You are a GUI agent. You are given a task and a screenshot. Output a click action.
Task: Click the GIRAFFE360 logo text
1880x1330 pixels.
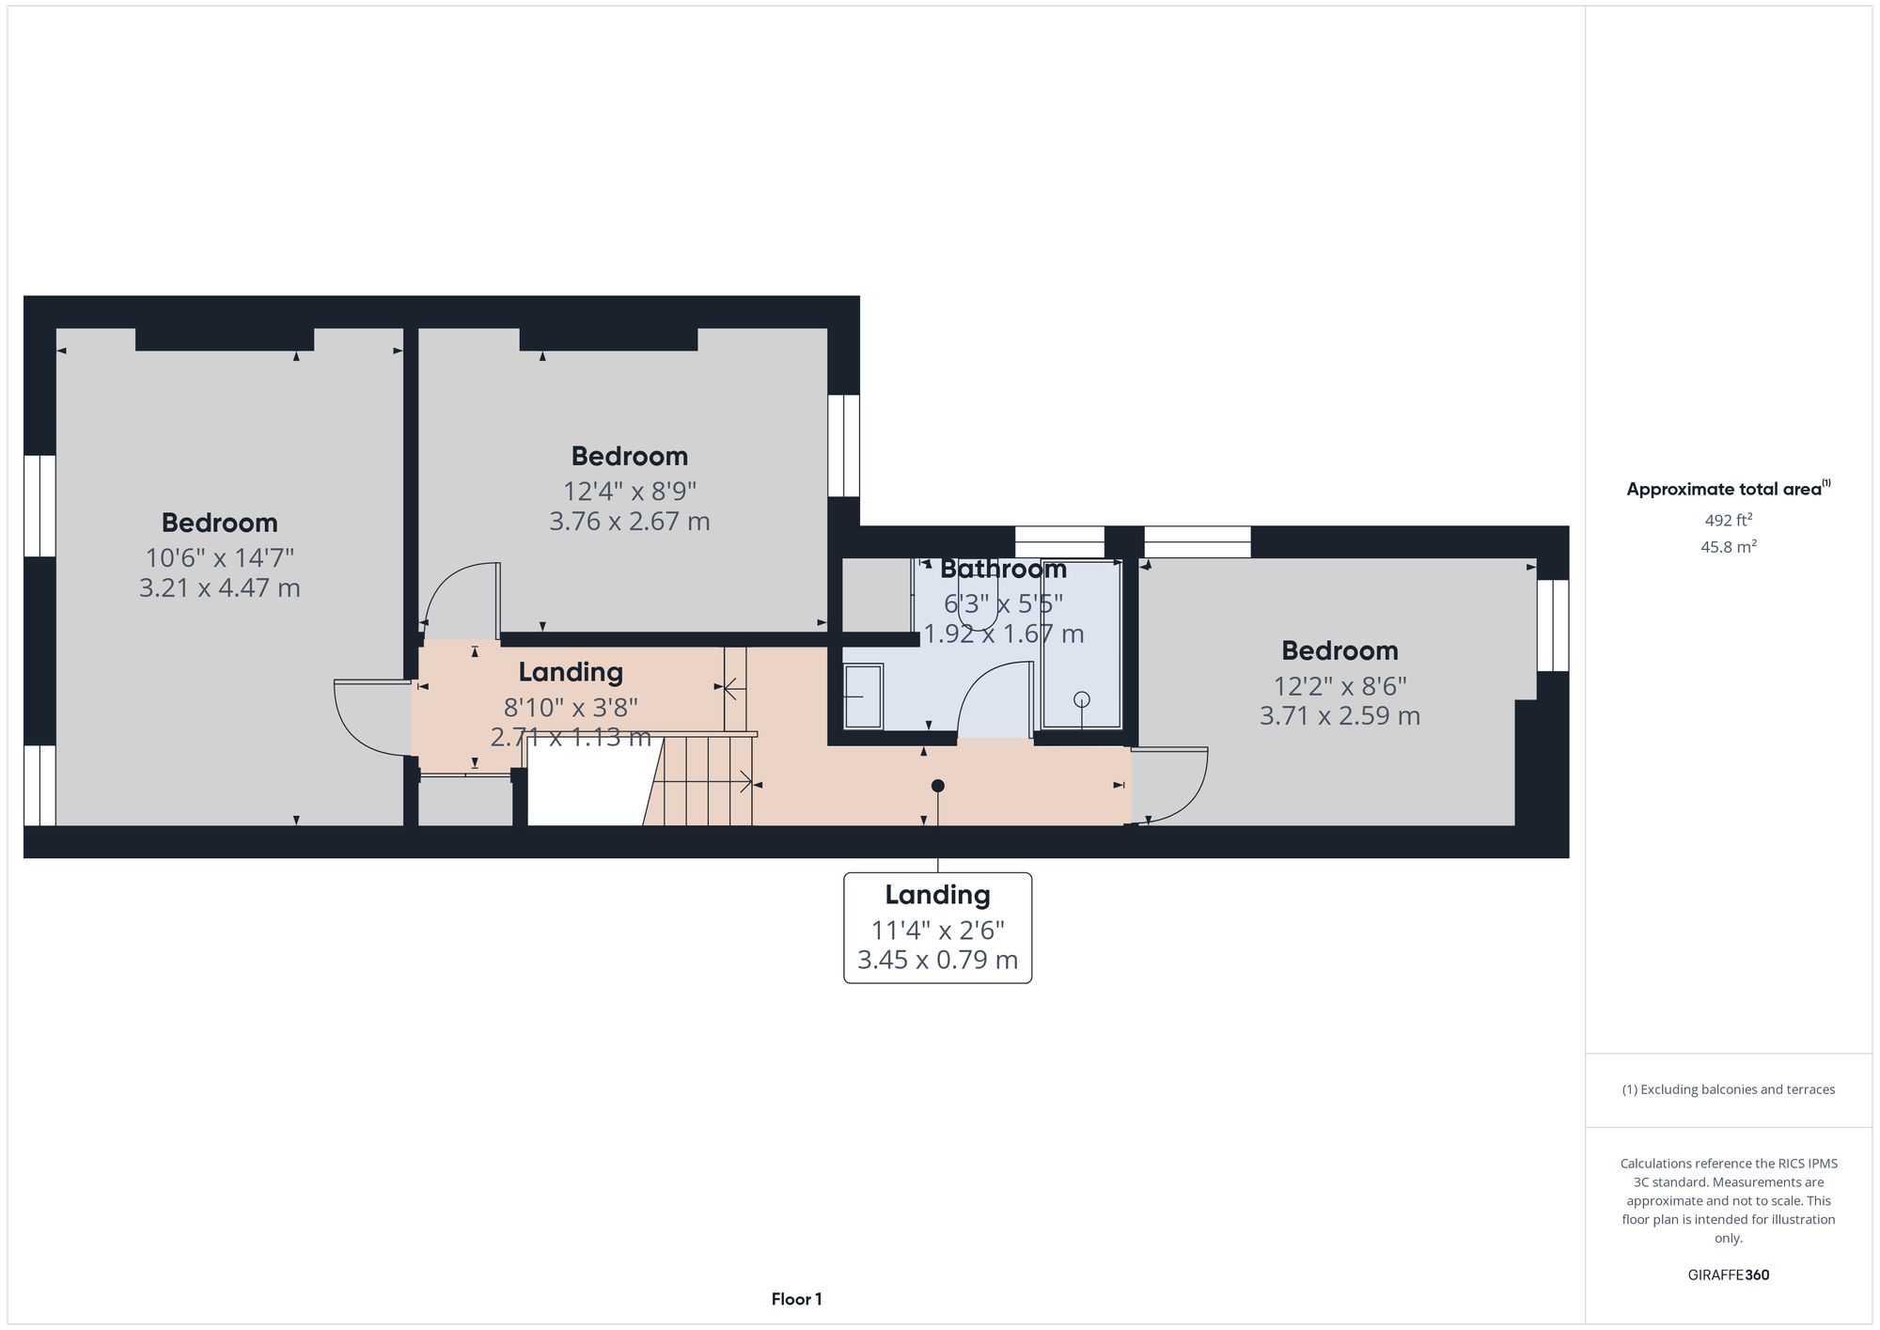[1728, 1275]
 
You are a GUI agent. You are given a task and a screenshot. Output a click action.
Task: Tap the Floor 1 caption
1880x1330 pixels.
[796, 1299]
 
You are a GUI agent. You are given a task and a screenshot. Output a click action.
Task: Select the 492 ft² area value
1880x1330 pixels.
[1728, 520]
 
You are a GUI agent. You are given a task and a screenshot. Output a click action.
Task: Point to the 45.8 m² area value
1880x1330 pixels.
[1728, 546]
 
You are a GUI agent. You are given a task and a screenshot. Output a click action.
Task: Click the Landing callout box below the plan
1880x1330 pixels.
[937, 928]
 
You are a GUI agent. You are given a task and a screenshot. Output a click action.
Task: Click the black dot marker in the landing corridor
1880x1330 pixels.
[937, 786]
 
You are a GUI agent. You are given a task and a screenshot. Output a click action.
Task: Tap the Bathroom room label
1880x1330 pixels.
[1003, 570]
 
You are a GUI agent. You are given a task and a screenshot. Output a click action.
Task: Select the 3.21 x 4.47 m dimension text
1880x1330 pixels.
[219, 588]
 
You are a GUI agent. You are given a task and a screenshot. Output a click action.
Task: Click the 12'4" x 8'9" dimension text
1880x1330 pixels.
[629, 491]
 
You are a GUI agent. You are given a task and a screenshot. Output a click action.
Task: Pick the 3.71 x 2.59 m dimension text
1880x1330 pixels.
[1339, 716]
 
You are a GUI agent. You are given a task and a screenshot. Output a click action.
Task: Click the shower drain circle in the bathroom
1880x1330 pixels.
[1082, 699]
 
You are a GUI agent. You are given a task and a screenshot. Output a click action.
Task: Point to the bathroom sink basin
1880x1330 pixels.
[863, 696]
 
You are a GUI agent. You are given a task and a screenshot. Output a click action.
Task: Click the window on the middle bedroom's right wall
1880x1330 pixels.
[843, 446]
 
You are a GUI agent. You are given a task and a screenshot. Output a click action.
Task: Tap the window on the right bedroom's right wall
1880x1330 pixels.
[1552, 625]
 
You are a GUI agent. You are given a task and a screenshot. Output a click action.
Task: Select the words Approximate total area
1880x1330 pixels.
[1723, 489]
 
